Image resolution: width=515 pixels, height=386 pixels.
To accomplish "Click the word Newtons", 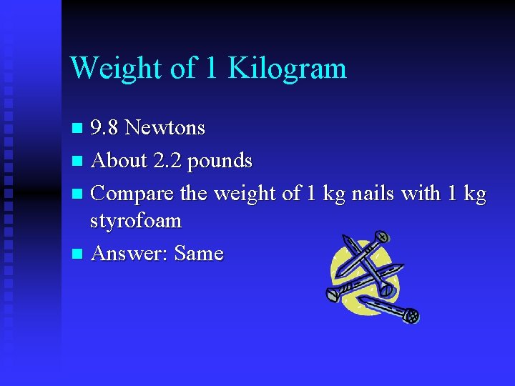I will click(x=164, y=129).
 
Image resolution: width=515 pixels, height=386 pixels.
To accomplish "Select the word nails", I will click(x=368, y=194).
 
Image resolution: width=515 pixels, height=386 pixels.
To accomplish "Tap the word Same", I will click(x=199, y=254).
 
